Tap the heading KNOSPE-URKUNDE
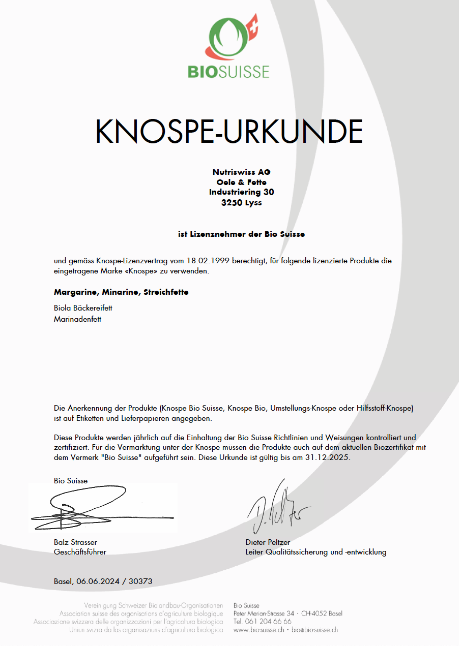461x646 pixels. coord(229,132)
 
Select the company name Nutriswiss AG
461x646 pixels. coord(242,172)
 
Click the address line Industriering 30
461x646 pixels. coord(242,192)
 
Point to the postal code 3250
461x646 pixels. coord(231,202)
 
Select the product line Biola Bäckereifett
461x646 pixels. coord(83,308)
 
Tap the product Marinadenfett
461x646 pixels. coord(77,319)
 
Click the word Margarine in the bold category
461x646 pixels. coord(76,292)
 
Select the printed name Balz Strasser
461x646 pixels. coord(75,542)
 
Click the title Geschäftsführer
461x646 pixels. coord(80,552)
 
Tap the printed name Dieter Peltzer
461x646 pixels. coord(268,542)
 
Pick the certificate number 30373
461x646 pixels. coord(141,581)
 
